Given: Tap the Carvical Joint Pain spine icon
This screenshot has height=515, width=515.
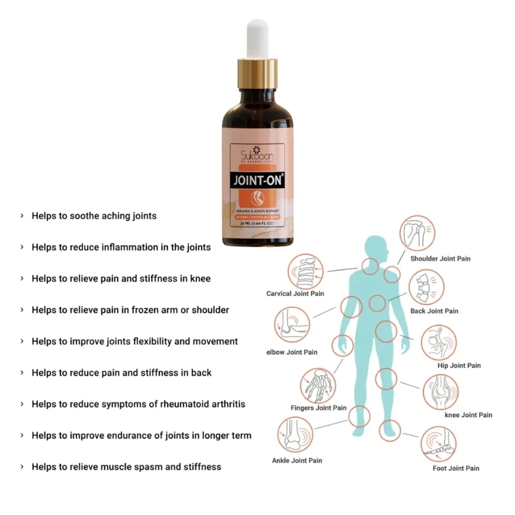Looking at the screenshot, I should coord(304,270).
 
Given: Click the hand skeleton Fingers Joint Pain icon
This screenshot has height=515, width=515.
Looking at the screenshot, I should coord(318,384).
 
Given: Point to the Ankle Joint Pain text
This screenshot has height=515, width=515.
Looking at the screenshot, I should coord(297,460).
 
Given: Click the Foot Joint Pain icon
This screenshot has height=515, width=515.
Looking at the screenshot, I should coord(438,444).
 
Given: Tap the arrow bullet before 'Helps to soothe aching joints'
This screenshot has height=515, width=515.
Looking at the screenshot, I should coord(23,216).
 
